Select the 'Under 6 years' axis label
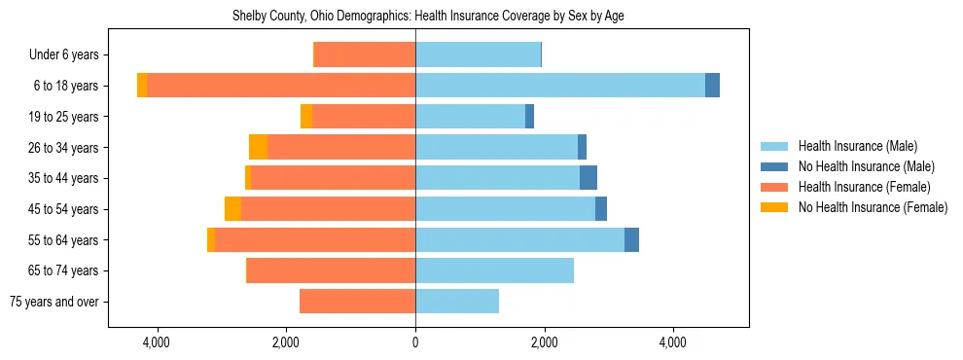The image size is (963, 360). point(63,55)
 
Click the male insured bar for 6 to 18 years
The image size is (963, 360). point(559,86)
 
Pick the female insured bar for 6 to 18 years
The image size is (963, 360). point(280,86)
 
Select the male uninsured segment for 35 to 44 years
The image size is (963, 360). point(588,178)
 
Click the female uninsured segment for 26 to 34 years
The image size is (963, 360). point(258,147)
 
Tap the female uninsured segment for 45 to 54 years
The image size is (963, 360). point(232,209)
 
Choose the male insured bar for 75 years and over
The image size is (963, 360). point(457,302)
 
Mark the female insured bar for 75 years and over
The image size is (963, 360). point(357,302)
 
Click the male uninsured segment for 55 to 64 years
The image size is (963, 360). point(631,239)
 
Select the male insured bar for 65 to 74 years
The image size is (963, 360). point(494,270)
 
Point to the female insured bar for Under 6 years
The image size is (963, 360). point(365,54)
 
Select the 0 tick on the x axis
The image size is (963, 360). point(415,342)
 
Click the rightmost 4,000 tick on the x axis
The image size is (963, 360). point(672,342)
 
